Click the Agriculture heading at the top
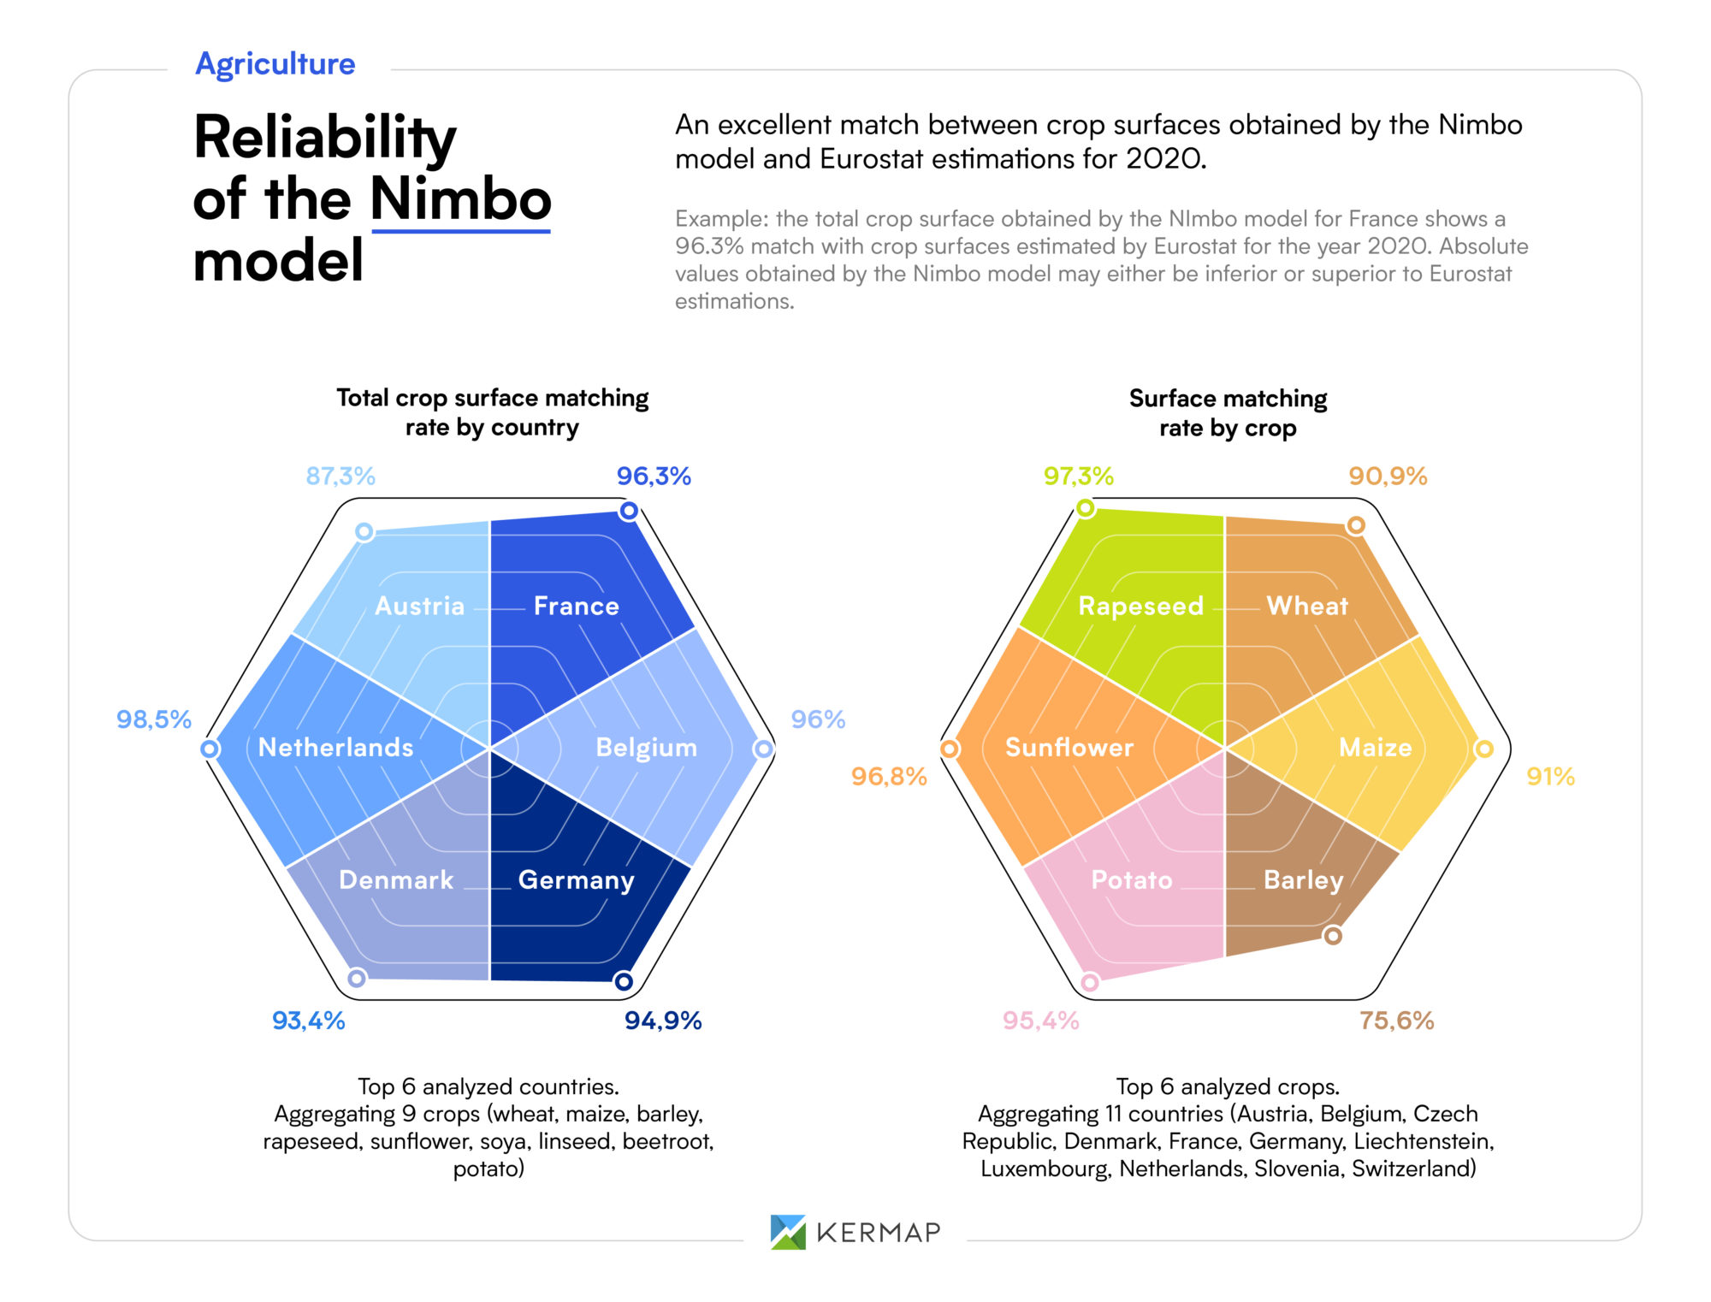(275, 64)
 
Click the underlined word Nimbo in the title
(460, 199)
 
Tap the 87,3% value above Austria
(340, 476)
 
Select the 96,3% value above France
(654, 476)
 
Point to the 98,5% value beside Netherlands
(154, 719)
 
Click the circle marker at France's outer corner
(629, 511)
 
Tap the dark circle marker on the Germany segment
(624, 981)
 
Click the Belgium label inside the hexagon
(646, 748)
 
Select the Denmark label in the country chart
(396, 880)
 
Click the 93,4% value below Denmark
(308, 1021)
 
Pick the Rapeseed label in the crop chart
(1140, 607)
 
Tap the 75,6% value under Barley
(1396, 1021)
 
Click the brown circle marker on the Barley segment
(1333, 936)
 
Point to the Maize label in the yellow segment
(1375, 748)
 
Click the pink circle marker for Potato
(1090, 982)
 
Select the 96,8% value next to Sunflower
(889, 777)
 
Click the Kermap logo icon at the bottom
(788, 1232)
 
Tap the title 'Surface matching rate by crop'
(1228, 413)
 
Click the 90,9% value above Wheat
(1388, 476)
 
